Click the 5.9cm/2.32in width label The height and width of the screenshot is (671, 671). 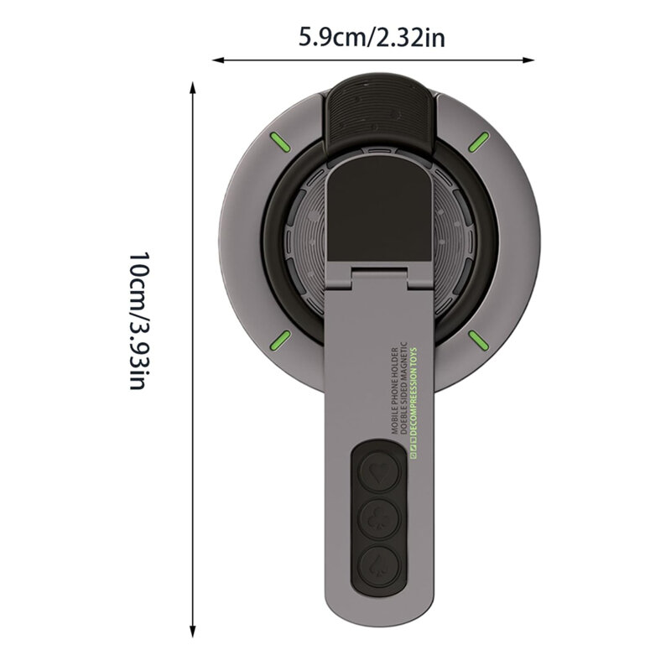[370, 39]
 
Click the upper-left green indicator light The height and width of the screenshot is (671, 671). [277, 141]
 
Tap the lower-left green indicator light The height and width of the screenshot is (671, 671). [278, 339]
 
